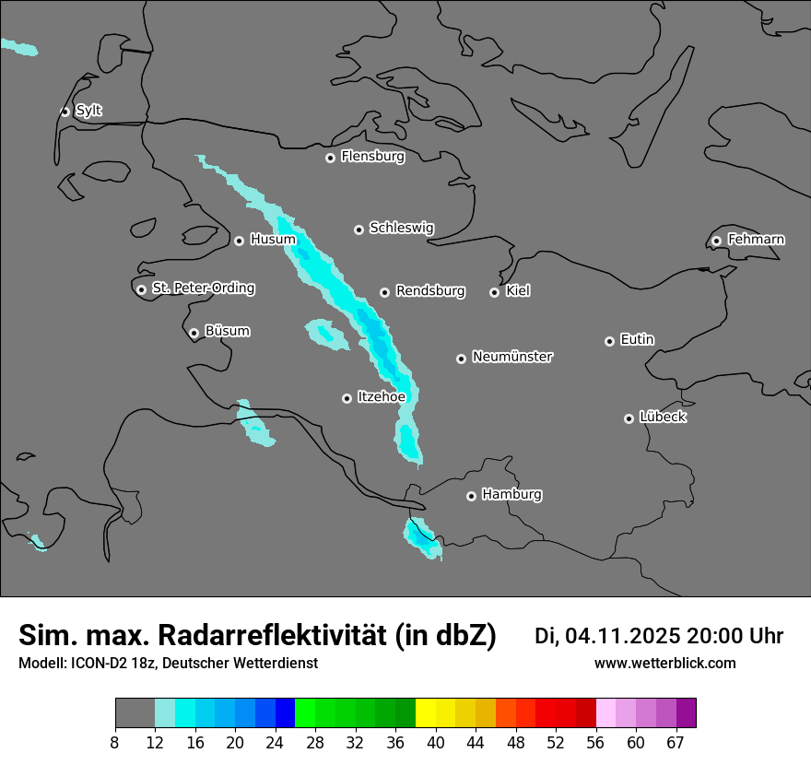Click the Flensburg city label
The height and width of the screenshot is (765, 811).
coord(372,157)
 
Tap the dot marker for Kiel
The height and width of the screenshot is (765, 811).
coord(495,292)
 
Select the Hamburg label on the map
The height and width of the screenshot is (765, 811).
coord(511,495)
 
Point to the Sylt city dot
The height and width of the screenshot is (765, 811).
coord(65,112)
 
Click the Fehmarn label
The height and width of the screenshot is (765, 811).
coord(756,240)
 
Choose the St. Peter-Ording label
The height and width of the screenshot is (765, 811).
coord(203,288)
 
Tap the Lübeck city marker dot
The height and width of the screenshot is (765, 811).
coord(629,418)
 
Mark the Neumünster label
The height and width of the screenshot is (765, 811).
coord(512,357)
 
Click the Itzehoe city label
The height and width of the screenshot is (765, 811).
coord(381,397)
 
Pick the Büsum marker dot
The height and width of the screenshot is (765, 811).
coord(194,333)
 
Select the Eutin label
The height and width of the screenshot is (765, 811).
coord(637,340)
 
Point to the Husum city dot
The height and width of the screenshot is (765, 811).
coord(239,241)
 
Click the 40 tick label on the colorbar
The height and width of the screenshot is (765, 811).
coord(436,742)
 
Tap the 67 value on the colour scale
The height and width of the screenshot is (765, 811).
coord(676,742)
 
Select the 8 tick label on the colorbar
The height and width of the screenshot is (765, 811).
coord(115,742)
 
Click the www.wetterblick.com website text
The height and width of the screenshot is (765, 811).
coord(664,664)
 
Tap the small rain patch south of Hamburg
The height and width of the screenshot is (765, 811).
coord(423,539)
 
